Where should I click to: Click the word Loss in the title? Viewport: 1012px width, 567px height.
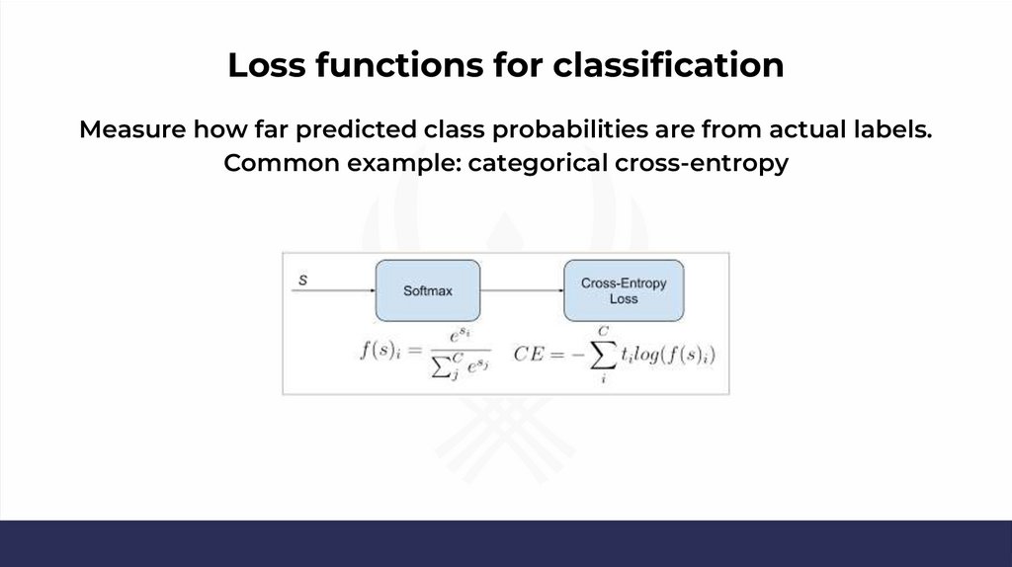(267, 65)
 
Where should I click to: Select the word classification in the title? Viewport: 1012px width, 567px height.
(668, 65)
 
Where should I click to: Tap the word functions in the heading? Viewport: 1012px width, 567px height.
(399, 65)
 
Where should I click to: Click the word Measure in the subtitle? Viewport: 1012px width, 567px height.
(132, 129)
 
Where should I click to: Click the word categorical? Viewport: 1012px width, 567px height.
(538, 164)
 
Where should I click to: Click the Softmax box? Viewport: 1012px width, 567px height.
(428, 290)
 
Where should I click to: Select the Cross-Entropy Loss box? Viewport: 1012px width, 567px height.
(624, 290)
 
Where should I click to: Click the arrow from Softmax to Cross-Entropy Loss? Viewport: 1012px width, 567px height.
(522, 290)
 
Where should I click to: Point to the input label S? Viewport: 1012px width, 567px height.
(302, 281)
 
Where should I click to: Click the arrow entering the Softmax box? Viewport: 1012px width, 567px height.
(334, 290)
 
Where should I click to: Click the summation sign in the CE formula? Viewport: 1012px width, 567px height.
(604, 356)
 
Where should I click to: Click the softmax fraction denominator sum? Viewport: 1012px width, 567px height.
(461, 366)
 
